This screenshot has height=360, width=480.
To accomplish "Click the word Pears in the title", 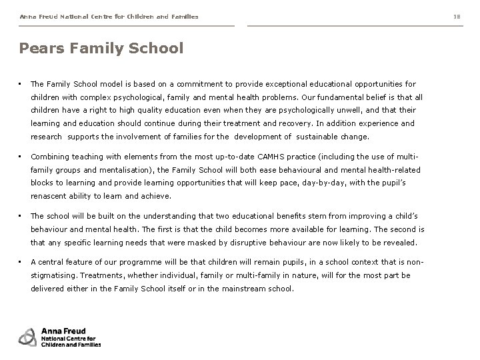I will [x=39, y=49].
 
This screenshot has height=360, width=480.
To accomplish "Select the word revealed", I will [x=399, y=243].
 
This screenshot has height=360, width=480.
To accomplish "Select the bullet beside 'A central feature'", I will [x=21, y=262].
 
